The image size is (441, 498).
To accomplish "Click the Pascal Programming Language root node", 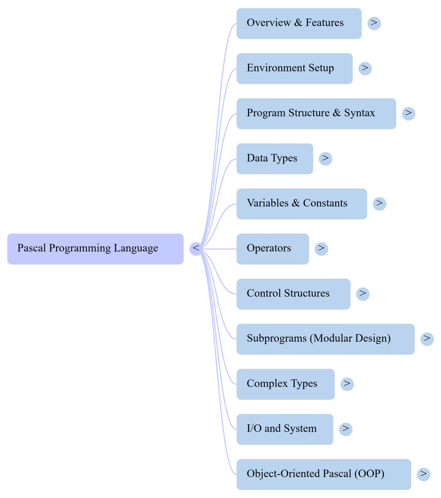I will point(95,249).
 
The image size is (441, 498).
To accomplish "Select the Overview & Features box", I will point(299,23).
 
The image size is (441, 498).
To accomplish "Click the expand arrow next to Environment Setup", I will point(365,68).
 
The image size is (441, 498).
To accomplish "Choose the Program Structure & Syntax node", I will point(316,113).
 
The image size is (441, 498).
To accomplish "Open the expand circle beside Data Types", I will point(326,159).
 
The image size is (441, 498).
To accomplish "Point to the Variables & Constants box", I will point(302,204).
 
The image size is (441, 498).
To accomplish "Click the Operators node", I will point(273,249).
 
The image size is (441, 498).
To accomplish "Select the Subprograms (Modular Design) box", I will point(326,339).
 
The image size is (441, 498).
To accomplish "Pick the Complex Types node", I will point(286,384).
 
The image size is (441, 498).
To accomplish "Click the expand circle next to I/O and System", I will point(346,429).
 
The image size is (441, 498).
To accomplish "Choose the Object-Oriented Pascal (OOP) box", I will point(324,474).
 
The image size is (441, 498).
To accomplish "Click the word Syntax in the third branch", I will point(359,113).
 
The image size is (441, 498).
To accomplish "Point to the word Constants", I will point(325,203).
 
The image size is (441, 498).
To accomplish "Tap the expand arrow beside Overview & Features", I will point(374,23).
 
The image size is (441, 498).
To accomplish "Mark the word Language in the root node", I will point(136,248).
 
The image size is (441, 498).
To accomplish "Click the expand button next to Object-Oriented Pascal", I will point(423,474).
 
